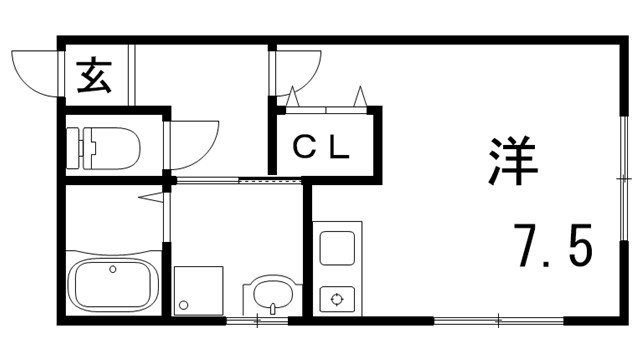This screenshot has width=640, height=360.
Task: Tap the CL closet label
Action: click(x=320, y=146)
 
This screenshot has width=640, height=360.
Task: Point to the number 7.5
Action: click(x=553, y=245)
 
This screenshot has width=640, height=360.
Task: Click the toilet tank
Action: click(x=79, y=147)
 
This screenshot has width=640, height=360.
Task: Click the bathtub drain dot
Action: click(x=112, y=268)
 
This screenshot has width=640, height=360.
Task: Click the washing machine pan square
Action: click(x=198, y=291)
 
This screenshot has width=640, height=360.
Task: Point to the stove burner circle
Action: click(x=336, y=297)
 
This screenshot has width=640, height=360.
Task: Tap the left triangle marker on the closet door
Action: click(x=292, y=97)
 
